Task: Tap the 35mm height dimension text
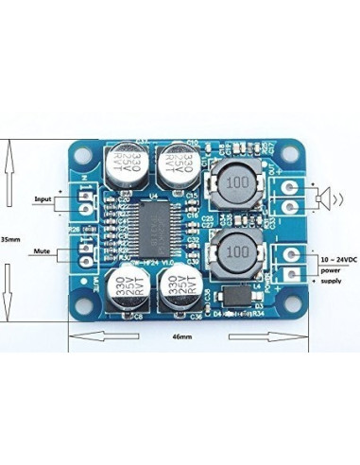point(10,238)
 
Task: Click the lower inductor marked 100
point(236,252)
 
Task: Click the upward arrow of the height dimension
point(10,174)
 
